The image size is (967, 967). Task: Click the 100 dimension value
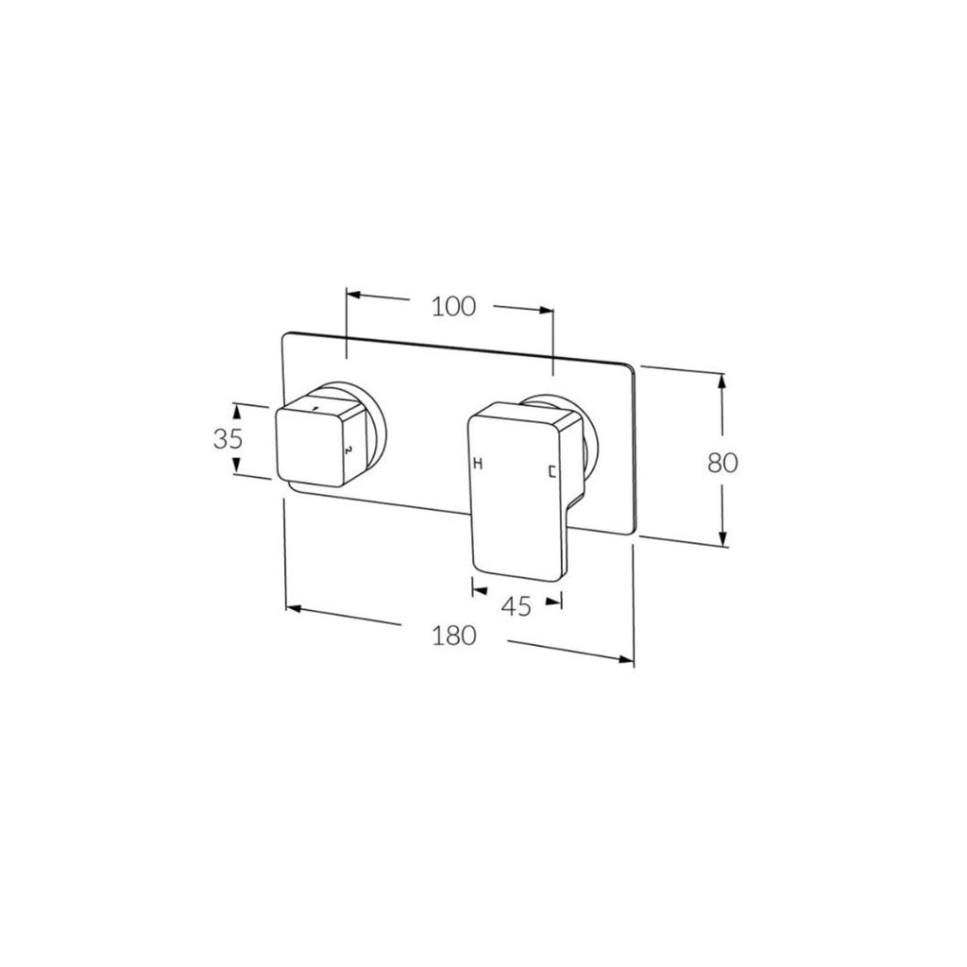click(x=453, y=306)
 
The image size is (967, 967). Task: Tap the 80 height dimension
click(x=722, y=462)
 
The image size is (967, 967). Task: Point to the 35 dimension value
click(x=228, y=439)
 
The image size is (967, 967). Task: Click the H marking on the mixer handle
click(x=478, y=463)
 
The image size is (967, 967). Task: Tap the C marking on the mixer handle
click(x=552, y=471)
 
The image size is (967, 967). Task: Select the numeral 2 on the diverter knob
click(x=348, y=450)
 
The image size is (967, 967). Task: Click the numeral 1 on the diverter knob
click(x=315, y=408)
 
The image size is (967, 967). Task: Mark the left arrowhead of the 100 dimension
click(x=353, y=295)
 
